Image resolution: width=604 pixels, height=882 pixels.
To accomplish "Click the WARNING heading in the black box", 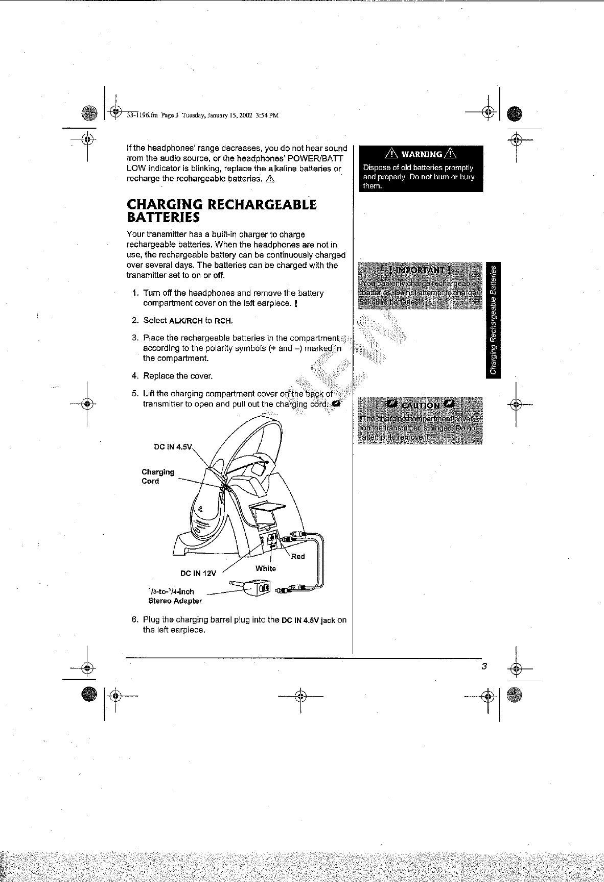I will [421, 154].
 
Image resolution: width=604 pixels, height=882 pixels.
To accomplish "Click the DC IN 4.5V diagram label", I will [172, 447].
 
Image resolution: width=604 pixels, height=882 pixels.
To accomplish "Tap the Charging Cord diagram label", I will [157, 476].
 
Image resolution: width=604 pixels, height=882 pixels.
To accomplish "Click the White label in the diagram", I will [266, 568].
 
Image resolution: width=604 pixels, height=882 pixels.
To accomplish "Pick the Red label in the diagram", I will [298, 557].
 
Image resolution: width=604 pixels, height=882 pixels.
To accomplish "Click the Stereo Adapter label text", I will [175, 601].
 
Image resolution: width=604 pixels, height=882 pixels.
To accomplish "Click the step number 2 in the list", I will [135, 321].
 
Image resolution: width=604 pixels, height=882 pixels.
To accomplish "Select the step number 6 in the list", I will [135, 620].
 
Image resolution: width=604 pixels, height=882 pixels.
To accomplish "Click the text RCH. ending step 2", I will [224, 321].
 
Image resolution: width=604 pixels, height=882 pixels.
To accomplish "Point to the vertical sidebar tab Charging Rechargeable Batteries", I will [494, 320].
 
